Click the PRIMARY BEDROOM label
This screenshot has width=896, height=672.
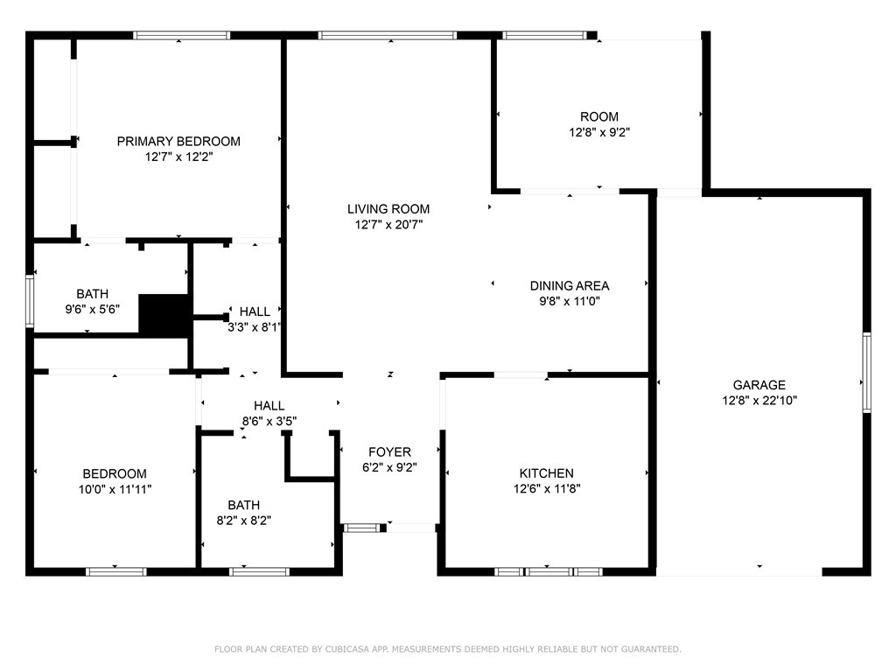178,141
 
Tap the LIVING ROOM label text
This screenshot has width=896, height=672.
388,209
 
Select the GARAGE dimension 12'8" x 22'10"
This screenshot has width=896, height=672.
759,401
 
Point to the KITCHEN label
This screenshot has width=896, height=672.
546,473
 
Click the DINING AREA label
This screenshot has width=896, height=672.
570,286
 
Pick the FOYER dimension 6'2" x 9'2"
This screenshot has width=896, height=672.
389,467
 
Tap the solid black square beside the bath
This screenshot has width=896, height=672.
164,314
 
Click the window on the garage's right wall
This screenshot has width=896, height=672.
866,372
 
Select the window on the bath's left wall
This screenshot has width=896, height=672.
30,301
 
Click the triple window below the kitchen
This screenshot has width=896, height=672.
548,571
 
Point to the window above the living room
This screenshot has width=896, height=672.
388,35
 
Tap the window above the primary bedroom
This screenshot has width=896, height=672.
182,35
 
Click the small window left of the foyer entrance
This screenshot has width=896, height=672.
361,528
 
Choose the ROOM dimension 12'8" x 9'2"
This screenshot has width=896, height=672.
599,133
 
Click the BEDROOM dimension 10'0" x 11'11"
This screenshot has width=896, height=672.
115,489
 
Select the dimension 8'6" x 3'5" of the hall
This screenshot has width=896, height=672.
269,422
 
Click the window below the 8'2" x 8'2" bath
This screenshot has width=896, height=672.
259,571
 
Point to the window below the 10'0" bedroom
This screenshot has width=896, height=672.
116,571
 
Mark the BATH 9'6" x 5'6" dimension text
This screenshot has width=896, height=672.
93,310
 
